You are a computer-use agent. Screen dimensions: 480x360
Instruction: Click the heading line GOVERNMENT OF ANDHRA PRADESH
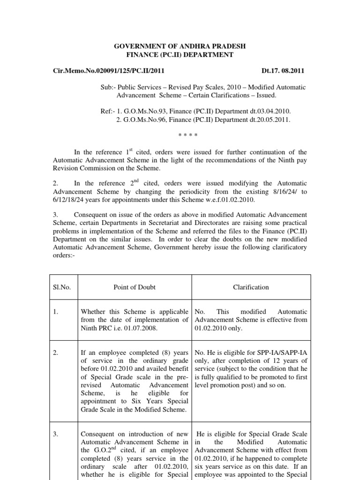(180, 46)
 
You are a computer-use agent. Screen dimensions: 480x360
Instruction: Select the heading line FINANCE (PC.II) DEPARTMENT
(180, 55)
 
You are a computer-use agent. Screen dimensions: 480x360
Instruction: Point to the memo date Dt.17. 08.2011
(282, 71)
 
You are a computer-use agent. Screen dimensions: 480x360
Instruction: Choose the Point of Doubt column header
(134, 287)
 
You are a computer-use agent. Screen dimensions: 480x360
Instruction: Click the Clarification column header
(251, 287)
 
